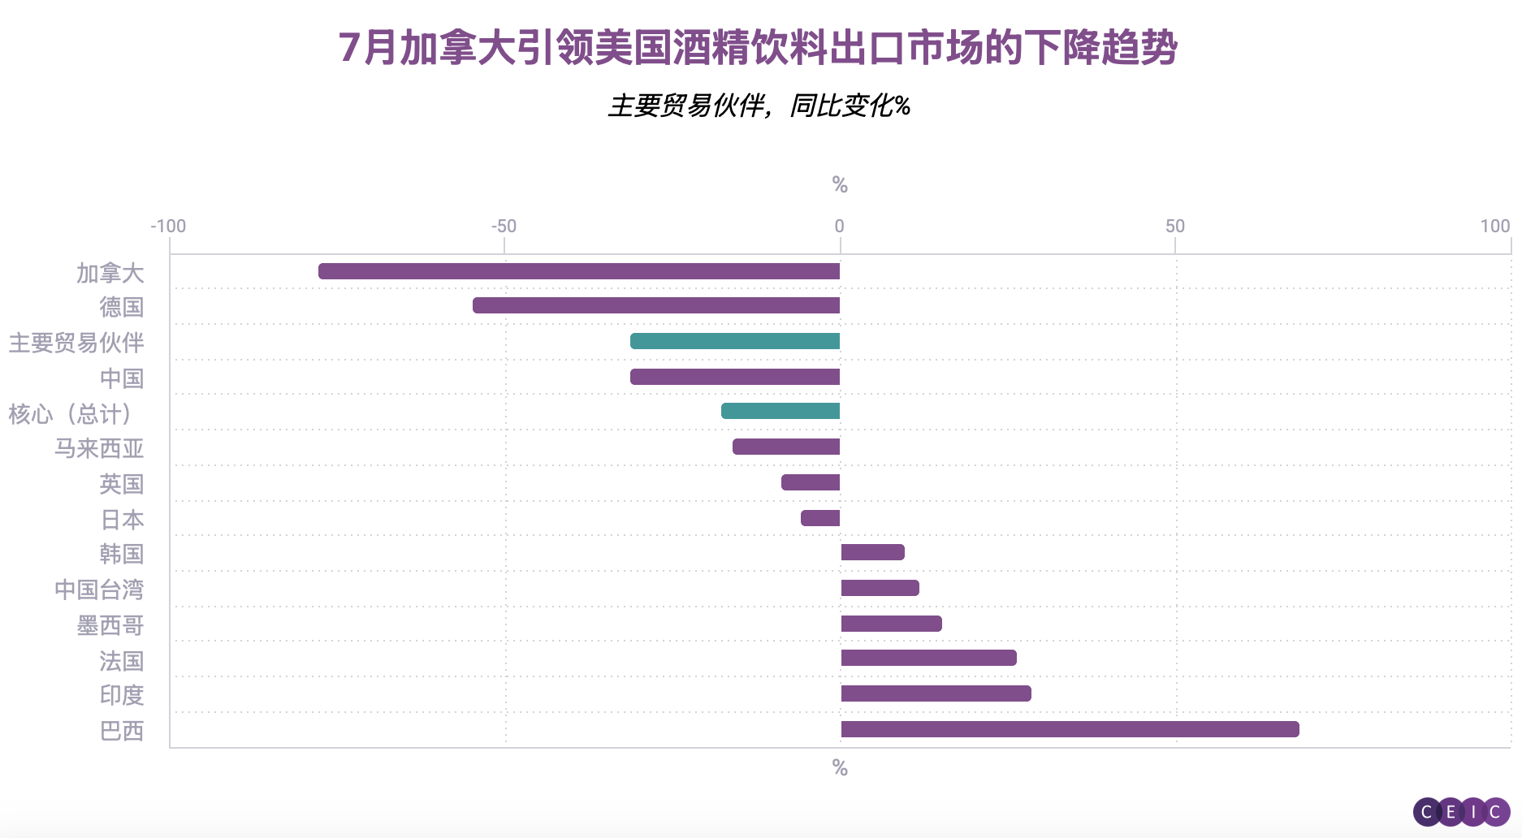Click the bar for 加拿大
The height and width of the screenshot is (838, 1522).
click(578, 271)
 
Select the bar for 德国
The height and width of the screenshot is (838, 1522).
click(655, 305)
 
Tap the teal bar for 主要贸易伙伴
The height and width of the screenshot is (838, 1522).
click(734, 341)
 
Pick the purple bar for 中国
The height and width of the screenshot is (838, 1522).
click(734, 377)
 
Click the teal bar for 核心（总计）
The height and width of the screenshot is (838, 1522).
click(780, 411)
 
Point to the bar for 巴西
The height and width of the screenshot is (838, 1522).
click(1070, 729)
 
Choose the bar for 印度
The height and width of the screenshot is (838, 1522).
click(936, 693)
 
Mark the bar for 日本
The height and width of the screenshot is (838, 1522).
click(819, 518)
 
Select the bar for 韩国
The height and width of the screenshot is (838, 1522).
click(872, 552)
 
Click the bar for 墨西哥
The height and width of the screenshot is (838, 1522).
click(891, 624)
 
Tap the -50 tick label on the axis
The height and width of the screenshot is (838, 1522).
click(504, 227)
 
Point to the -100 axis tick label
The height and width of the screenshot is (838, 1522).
click(168, 227)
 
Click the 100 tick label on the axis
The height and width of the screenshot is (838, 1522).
click(1494, 227)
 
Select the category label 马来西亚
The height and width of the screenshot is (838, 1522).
click(99, 448)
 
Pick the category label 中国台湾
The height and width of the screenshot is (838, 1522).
click(99, 590)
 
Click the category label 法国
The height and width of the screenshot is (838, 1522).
click(122, 661)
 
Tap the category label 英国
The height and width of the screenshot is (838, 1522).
click(122, 484)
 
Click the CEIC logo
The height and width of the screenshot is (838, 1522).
click(1461, 812)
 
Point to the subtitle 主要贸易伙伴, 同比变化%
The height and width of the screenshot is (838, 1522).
click(759, 106)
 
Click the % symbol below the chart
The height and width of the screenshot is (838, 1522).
click(840, 768)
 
